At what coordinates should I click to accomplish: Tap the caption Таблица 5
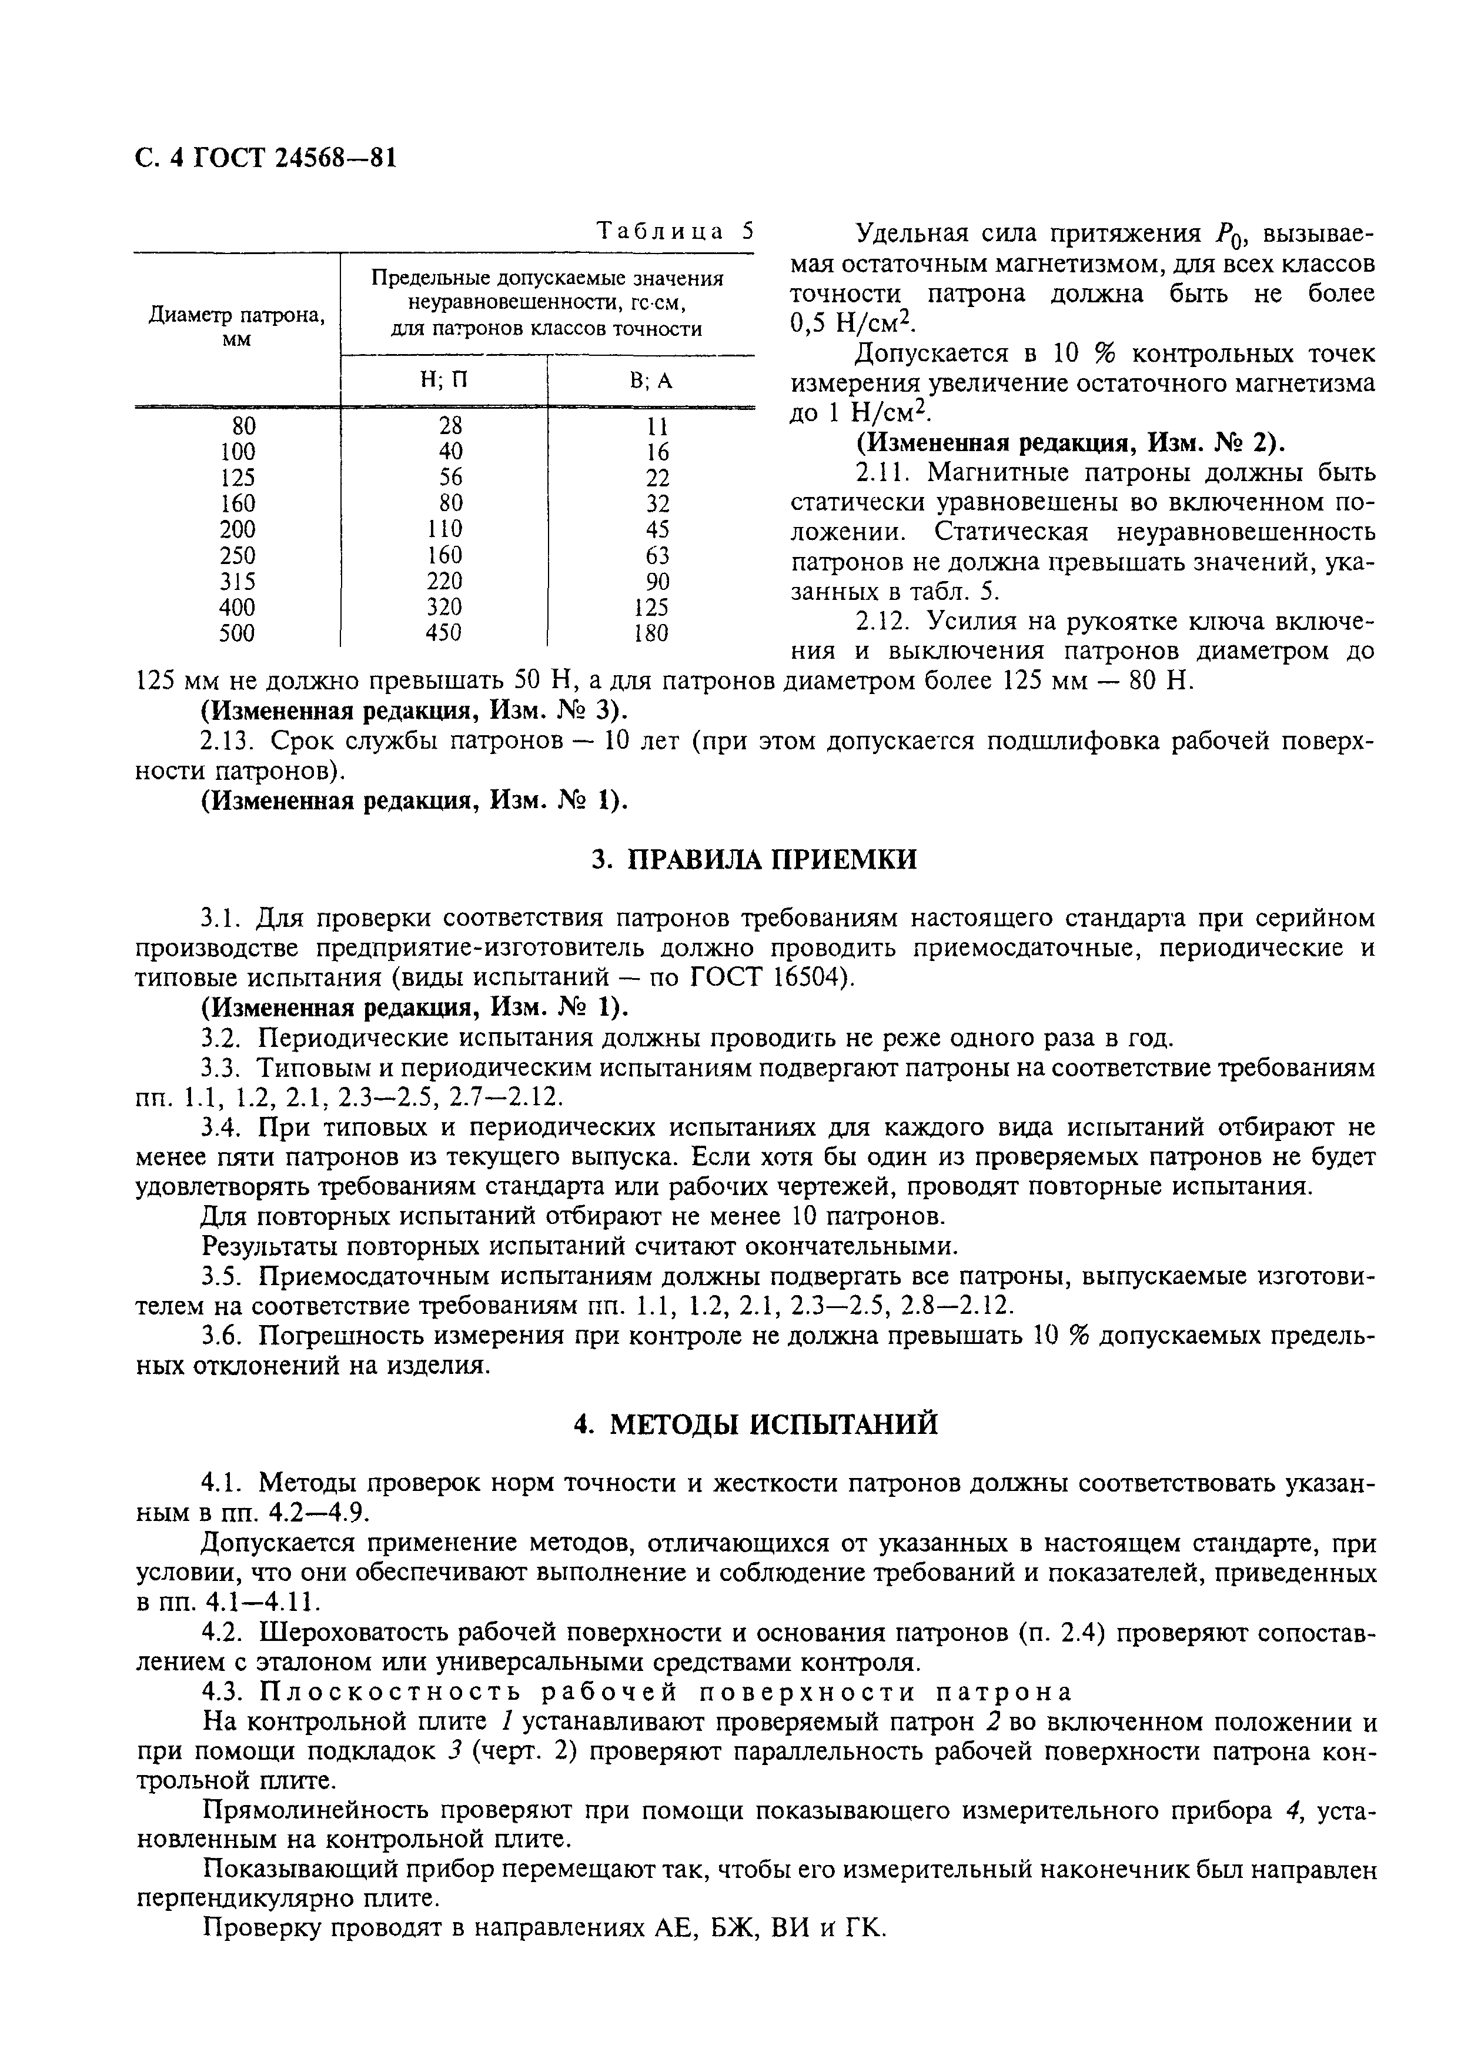coord(675,231)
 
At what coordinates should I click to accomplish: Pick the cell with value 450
coord(444,632)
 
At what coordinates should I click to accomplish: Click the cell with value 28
coord(450,425)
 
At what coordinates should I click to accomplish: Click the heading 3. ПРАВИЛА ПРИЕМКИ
coord(754,859)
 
